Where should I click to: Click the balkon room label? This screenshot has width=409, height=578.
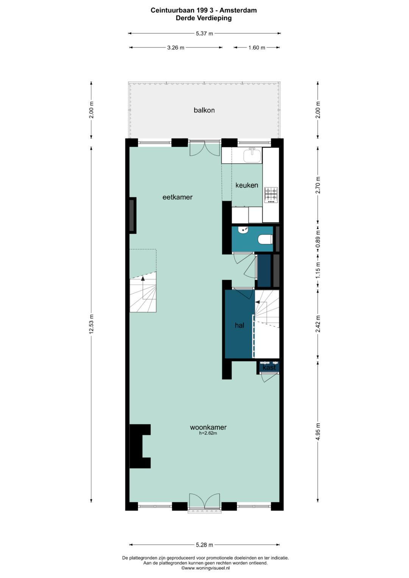coord(204,110)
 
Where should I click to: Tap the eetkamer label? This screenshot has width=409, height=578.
coord(177,197)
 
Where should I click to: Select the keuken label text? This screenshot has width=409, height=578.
coord(247,185)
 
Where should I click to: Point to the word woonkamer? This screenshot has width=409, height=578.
coord(208,427)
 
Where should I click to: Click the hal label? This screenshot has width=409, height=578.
coord(239,325)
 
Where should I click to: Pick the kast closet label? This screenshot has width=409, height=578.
coord(269,367)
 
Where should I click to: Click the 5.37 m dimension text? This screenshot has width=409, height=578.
coord(204,34)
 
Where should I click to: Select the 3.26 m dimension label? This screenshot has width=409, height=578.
coord(176,48)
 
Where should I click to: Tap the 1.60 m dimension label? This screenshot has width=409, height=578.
coord(257,48)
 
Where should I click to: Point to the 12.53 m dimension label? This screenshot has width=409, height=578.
coord(91,324)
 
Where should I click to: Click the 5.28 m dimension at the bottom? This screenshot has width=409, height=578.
coord(204,545)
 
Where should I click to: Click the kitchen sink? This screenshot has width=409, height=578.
coord(252,155)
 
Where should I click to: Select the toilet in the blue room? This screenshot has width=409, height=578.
coord(265,239)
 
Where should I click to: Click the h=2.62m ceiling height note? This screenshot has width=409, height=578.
coord(208,433)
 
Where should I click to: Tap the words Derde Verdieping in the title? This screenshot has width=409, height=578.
coord(203,18)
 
